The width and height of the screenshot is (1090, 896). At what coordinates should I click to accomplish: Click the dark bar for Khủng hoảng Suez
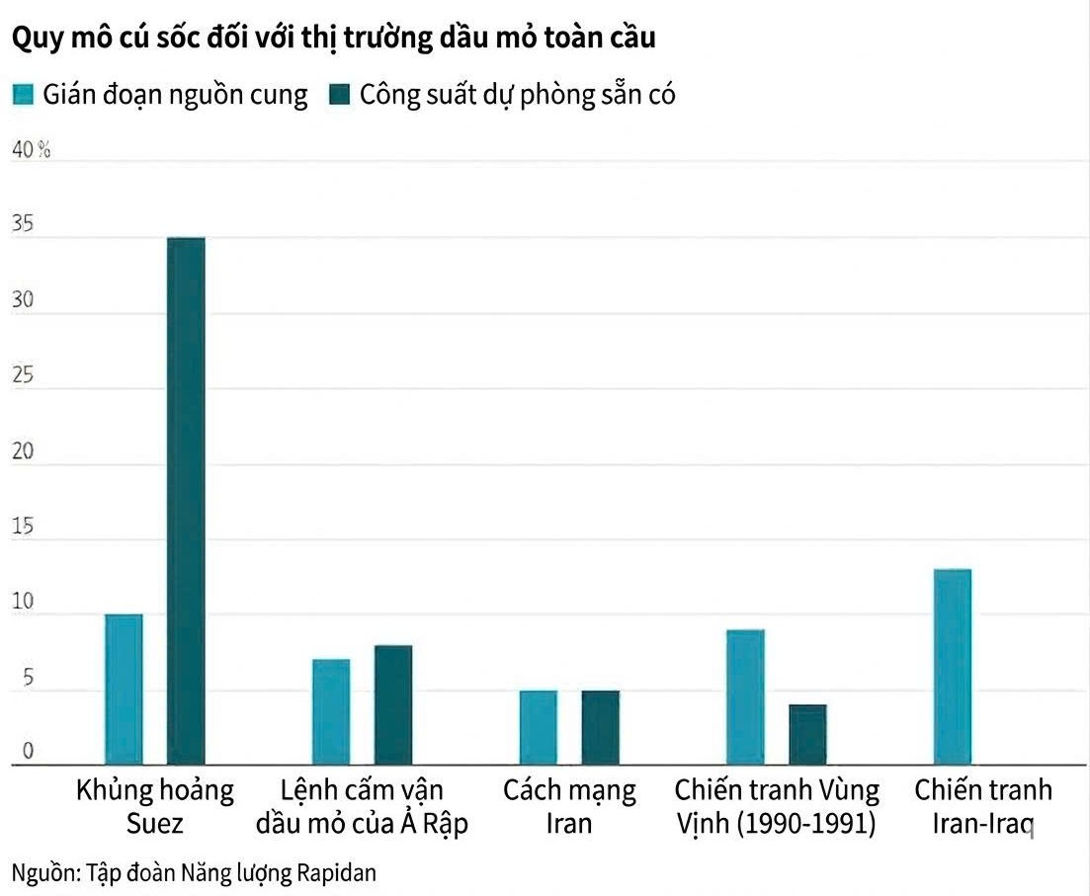pyautogui.click(x=186, y=500)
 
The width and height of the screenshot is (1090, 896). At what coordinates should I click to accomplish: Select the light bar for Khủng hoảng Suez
pyautogui.click(x=124, y=689)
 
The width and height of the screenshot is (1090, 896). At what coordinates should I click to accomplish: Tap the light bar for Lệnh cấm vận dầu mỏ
pyautogui.click(x=331, y=711)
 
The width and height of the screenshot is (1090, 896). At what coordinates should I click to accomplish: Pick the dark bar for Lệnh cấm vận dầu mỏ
pyautogui.click(x=393, y=704)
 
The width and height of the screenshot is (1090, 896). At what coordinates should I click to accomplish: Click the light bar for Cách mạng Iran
pyautogui.click(x=539, y=727)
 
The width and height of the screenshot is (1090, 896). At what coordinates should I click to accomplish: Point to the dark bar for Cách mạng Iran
pyautogui.click(x=601, y=727)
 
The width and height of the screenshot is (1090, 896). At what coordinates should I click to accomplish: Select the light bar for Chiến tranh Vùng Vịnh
pyautogui.click(x=746, y=696)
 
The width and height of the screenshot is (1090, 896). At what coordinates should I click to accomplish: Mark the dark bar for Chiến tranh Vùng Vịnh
pyautogui.click(x=807, y=734)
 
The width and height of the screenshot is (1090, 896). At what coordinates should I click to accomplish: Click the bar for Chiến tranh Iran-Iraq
pyautogui.click(x=953, y=667)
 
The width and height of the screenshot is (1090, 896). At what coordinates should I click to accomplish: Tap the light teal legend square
pyautogui.click(x=23, y=95)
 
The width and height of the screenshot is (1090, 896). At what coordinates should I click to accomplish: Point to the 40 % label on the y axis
pyautogui.click(x=30, y=150)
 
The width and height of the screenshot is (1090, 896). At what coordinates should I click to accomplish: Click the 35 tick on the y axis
pyautogui.click(x=23, y=225)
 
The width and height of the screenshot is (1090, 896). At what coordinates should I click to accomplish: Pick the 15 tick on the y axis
pyautogui.click(x=23, y=527)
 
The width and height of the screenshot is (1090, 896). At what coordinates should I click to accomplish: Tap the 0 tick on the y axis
pyautogui.click(x=28, y=752)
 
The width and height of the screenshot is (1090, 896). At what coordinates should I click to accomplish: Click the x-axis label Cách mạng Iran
pyautogui.click(x=569, y=806)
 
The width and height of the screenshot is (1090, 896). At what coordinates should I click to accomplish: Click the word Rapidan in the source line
pyautogui.click(x=336, y=873)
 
